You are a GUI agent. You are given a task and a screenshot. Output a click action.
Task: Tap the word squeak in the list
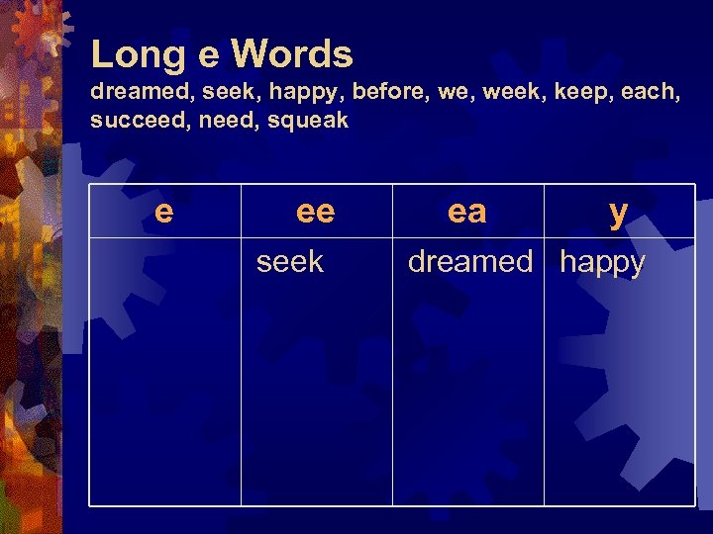point(307,122)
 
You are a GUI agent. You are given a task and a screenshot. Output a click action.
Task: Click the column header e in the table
point(164,211)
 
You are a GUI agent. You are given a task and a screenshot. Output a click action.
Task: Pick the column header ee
point(316,211)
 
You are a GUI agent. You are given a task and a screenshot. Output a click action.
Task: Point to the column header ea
point(467,211)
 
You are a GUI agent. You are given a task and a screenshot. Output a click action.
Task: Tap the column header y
point(619,212)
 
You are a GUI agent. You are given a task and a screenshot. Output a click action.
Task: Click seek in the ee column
point(290,262)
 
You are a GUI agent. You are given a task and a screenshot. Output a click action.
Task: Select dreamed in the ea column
point(470,262)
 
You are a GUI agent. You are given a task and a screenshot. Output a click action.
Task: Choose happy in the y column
point(602,263)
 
